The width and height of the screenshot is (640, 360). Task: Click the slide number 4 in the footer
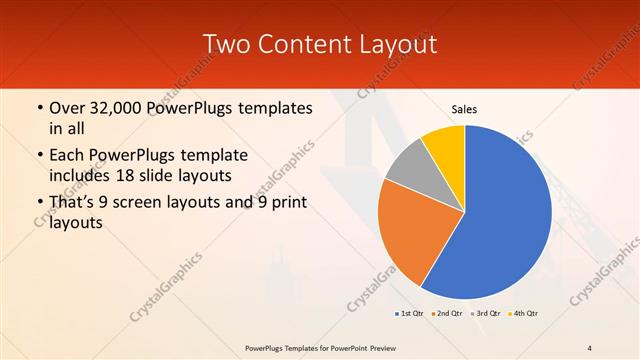[x=590, y=347]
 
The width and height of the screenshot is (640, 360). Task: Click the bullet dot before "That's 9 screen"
[x=39, y=203]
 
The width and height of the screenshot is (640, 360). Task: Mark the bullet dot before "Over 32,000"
[x=39, y=107]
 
